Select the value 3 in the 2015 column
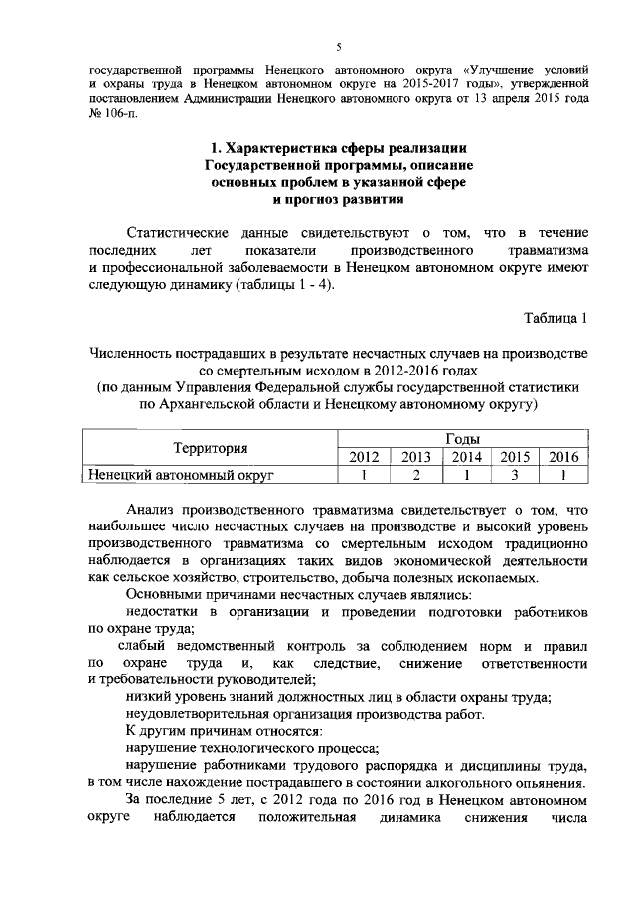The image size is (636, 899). [513, 475]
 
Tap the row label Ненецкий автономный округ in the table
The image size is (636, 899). [180, 475]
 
